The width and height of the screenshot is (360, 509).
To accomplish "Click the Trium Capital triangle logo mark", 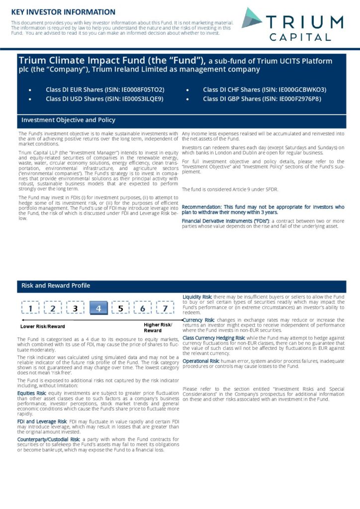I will coord(252,18).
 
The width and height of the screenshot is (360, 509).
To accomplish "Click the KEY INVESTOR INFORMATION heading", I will coord(63,12).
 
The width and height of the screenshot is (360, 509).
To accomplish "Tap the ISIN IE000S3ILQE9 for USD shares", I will coord(142,99).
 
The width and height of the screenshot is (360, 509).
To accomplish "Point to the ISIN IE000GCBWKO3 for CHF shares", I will coord(302,89).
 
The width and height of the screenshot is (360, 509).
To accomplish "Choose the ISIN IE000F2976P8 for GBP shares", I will coord(300,99).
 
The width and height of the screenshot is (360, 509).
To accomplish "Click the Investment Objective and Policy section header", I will coord(68,120).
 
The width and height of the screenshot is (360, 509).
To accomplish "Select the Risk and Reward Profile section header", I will coord(56,285).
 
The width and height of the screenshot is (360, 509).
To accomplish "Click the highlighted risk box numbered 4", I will coord(98,309).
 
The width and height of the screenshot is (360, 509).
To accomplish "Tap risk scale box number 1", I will coord(30,309).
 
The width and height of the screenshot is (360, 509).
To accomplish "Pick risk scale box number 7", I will coord(165,309).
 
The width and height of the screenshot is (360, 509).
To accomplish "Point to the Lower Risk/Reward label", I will coord(42,327).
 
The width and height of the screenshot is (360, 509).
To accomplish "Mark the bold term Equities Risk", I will coord(32,393).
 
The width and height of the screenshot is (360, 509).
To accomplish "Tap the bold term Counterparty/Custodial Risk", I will coord(48,439).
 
